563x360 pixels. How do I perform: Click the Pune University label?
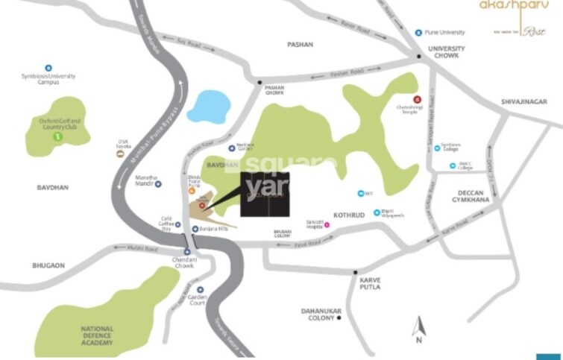point(444,33)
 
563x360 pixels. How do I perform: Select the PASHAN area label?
point(300,45)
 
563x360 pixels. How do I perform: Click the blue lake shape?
point(209,106)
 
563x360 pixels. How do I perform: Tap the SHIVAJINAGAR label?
point(524,99)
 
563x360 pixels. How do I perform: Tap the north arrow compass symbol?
point(419,329)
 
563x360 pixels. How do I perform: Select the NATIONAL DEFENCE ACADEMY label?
point(97,335)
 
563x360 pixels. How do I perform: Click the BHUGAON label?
point(49,265)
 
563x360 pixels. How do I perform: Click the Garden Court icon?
point(201,289)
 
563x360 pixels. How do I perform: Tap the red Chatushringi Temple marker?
point(416,99)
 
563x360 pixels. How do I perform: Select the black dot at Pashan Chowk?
point(260,82)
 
